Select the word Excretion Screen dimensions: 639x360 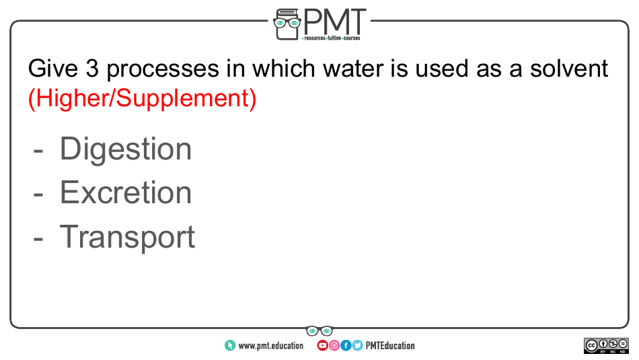point(126,192)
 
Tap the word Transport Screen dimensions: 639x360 point(127,238)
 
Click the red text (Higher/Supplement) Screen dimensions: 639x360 point(142,98)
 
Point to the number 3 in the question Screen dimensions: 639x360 point(93,68)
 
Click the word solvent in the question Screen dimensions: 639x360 point(569,68)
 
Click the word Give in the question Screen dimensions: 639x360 point(53,68)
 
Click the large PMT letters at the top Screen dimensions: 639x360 point(334,22)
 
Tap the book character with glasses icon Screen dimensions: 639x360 point(287,24)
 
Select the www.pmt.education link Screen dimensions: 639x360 point(270,346)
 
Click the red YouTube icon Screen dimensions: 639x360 point(322,345)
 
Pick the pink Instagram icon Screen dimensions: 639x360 point(334,345)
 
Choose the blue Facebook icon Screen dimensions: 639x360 point(346,345)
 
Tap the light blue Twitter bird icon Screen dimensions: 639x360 point(357,345)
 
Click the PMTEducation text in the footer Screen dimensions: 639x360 point(390,346)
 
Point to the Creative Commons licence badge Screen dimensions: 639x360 point(607,346)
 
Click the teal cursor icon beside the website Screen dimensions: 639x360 point(230,346)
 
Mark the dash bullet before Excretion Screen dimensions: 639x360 point(38,195)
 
